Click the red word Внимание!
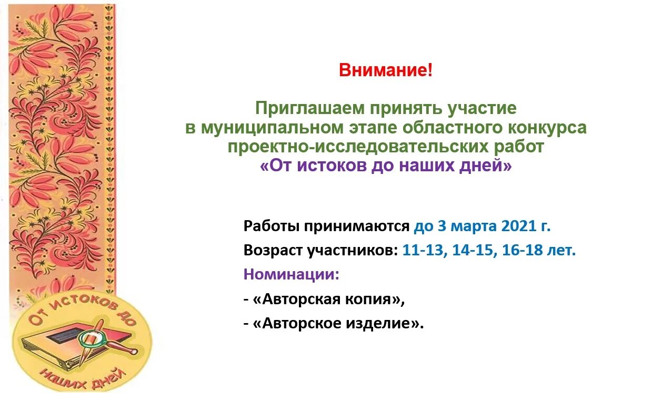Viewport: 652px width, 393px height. (386, 70)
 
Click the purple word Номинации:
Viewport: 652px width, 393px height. (292, 274)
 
